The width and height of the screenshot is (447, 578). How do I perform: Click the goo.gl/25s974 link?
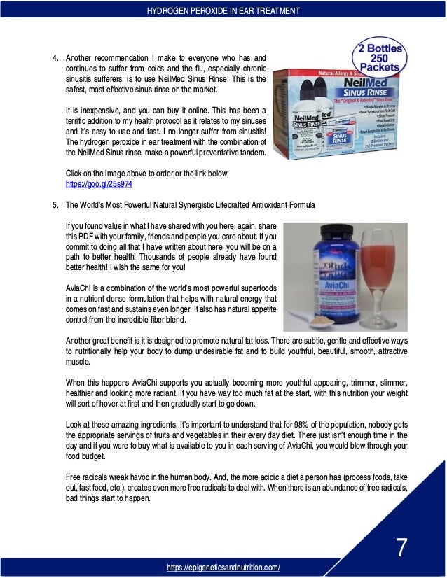[97, 184]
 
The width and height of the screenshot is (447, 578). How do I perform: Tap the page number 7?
[401, 547]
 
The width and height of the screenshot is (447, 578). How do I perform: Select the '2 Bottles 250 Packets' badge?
[376, 59]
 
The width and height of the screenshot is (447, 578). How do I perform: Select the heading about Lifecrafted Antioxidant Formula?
[190, 205]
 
